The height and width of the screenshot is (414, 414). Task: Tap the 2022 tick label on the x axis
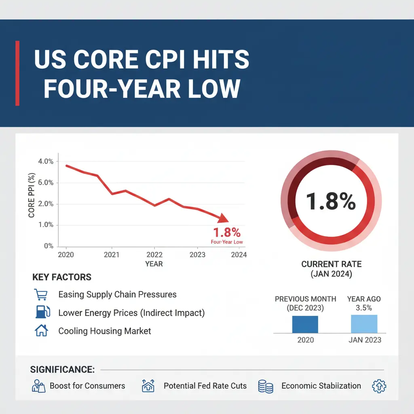154,255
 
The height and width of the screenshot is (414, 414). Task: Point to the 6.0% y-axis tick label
45,183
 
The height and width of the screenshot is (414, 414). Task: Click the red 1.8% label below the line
226,232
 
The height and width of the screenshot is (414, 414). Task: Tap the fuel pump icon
42,313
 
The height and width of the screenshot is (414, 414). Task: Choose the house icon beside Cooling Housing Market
41,331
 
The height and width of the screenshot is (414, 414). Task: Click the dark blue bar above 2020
305,324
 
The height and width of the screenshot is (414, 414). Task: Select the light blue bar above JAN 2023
364,324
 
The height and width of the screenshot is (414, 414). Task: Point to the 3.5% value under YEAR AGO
364,308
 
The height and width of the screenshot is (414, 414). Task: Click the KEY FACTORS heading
62,277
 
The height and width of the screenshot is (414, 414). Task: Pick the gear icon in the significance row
379,386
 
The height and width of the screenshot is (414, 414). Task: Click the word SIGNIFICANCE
62,370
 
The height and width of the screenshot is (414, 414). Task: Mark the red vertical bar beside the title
17,73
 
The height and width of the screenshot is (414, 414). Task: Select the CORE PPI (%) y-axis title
32,195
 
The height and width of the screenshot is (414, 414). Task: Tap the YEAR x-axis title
154,264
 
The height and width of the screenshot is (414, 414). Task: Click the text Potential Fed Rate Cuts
205,386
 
